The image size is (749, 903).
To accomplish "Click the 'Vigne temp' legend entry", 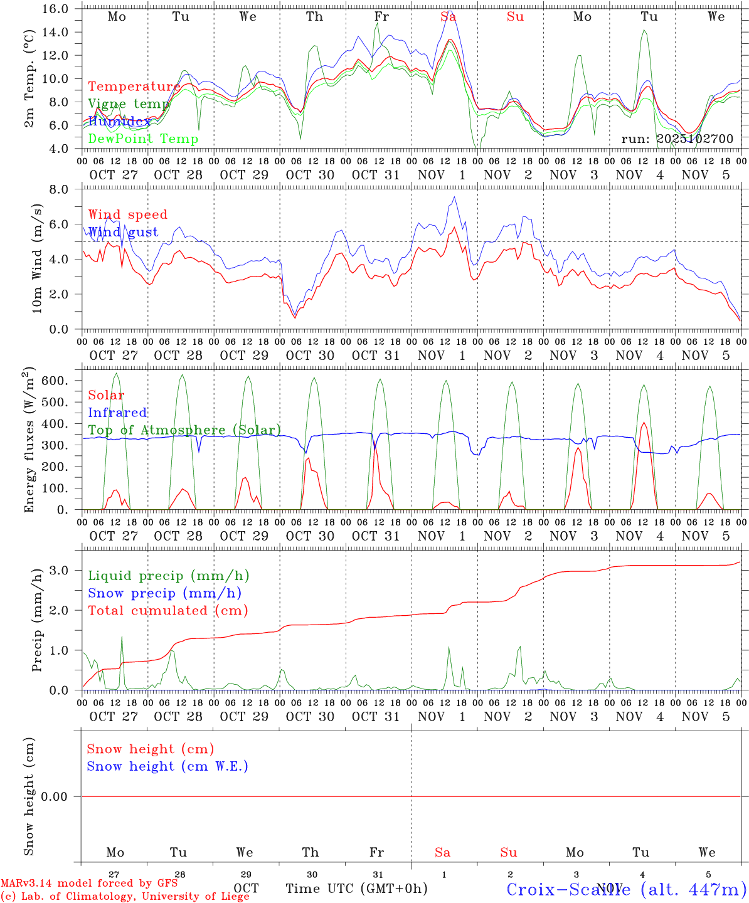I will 129,104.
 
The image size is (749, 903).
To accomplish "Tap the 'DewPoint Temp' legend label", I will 143,139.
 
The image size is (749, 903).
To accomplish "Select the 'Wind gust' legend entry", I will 123,232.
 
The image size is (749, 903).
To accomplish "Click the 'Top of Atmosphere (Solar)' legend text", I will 184,430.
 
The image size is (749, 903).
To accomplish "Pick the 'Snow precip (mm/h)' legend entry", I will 165,593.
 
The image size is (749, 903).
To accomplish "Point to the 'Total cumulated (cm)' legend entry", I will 168,611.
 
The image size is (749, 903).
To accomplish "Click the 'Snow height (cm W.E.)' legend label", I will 167,766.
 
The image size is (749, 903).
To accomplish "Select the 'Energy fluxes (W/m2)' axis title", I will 29,441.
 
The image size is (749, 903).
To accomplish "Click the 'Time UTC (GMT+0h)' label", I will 356,889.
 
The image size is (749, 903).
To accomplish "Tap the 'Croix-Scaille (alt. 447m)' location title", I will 626,889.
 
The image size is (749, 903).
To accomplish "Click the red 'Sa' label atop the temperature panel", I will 448,17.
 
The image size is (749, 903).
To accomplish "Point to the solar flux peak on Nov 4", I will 644,423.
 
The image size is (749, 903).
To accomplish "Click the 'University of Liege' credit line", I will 125,896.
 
